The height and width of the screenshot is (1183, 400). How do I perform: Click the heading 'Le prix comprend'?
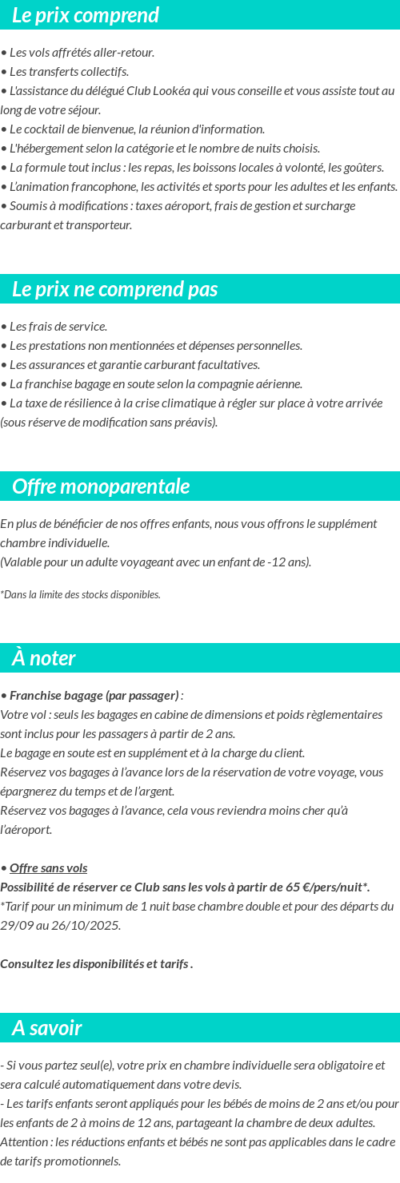(86, 15)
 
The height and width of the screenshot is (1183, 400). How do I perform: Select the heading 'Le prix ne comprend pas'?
(115, 289)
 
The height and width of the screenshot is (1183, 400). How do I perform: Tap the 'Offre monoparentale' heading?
(101, 486)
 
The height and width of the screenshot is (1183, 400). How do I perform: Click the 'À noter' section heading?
(44, 659)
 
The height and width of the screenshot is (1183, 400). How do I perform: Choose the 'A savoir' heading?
(46, 1028)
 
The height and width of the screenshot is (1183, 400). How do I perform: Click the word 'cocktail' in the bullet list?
(45, 129)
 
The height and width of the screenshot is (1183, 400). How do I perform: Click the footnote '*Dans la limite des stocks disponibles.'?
(80, 594)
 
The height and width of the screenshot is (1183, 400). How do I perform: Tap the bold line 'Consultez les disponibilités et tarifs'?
(96, 964)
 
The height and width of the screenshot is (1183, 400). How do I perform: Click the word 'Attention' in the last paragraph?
(24, 1142)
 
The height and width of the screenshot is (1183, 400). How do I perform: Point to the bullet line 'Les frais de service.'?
(58, 327)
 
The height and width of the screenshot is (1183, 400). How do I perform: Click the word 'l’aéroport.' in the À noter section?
(26, 830)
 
